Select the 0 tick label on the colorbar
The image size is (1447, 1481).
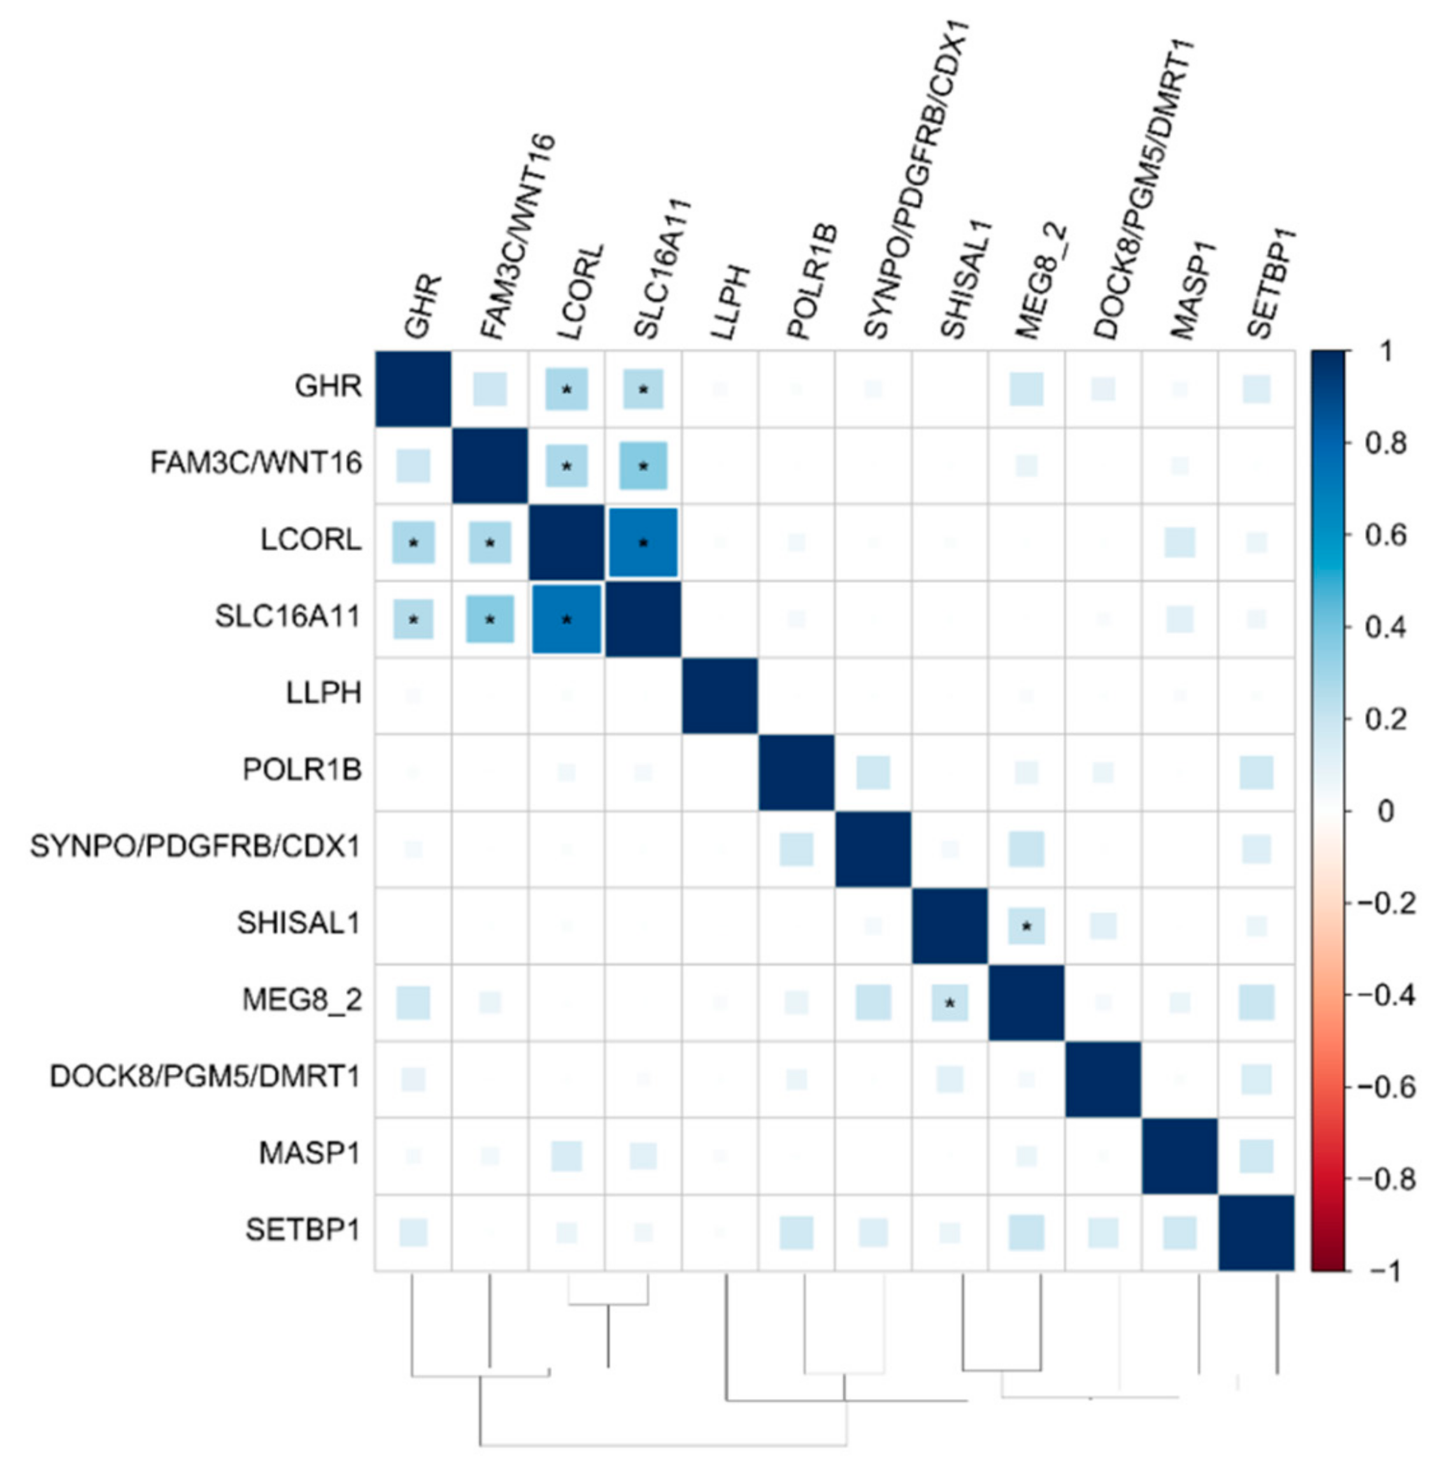pos(1385,811)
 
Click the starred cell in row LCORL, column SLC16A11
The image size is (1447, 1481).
pos(643,543)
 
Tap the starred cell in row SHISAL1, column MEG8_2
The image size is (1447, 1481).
pos(1026,926)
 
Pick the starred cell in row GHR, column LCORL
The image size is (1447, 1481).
pos(566,389)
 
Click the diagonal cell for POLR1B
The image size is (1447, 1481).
pos(797,772)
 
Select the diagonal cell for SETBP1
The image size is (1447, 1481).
pos(1256,1232)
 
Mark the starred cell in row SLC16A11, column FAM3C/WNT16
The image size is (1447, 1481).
pos(490,619)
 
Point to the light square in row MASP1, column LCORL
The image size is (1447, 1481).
pos(566,1155)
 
